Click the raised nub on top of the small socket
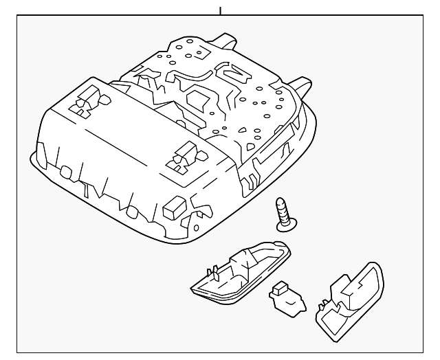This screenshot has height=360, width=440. (x=280, y=288)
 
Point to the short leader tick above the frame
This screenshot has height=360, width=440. (x=220, y=10)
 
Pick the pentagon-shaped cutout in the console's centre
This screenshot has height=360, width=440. (x=206, y=95)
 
